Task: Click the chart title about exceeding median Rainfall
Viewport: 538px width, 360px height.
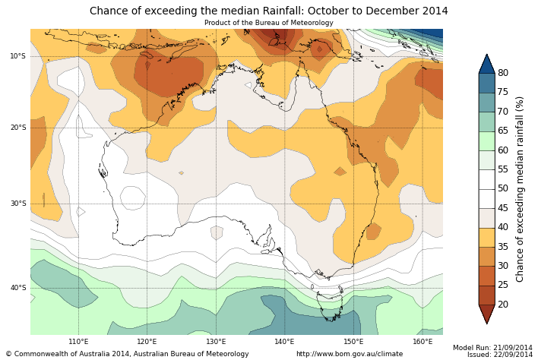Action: [268, 11]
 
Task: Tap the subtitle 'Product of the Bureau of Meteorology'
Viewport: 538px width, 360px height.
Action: [268, 23]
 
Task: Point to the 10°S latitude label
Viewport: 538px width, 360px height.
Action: [17, 56]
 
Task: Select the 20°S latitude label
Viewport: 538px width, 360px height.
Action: [17, 128]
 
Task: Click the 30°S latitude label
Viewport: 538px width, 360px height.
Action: [17, 204]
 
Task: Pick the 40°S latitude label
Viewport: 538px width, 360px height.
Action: [17, 288]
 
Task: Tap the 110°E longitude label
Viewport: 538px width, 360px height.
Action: [78, 342]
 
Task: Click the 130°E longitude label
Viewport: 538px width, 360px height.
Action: [216, 342]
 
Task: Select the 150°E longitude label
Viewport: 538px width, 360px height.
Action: [353, 342]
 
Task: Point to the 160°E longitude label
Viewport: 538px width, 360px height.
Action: [422, 342]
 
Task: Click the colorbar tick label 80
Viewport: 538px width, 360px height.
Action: [503, 73]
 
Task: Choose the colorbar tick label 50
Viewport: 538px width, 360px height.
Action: [503, 189]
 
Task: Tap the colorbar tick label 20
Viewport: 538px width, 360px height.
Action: [503, 305]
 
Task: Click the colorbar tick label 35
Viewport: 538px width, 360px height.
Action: [503, 247]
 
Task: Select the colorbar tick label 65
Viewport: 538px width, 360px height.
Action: [503, 131]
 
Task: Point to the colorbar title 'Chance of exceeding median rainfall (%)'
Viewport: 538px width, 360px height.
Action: [521, 189]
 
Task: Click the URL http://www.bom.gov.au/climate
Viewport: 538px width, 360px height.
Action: [350, 354]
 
